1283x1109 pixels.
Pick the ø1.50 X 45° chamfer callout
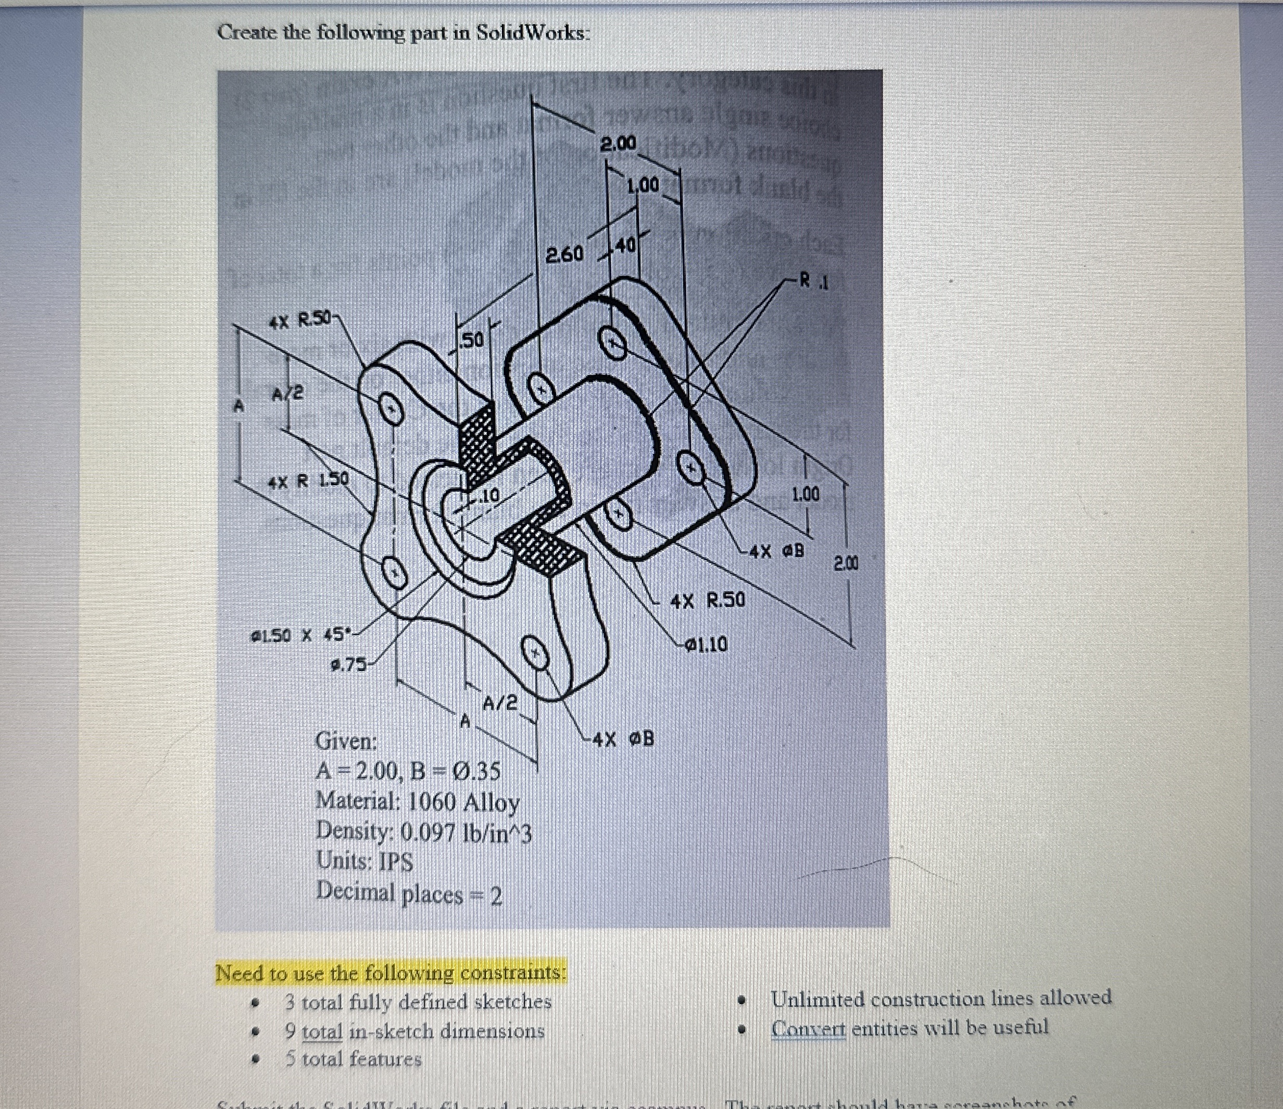301,635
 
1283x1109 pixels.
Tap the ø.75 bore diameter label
347,665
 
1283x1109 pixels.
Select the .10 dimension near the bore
489,495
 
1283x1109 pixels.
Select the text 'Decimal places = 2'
409,892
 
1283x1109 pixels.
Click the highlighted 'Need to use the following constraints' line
391,973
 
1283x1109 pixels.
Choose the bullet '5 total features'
353,1060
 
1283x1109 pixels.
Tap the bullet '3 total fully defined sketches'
418,1001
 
